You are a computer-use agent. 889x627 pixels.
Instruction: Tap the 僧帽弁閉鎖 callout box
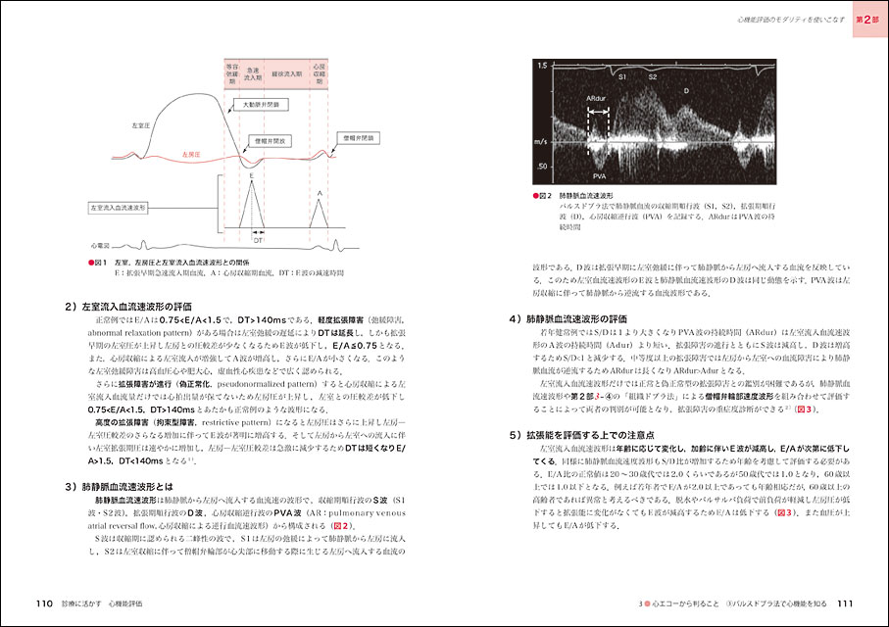tap(352, 137)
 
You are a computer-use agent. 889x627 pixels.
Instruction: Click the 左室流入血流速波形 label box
tap(118, 208)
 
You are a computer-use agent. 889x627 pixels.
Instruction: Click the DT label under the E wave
tap(256, 239)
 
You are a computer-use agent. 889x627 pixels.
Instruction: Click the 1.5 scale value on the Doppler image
tap(542, 65)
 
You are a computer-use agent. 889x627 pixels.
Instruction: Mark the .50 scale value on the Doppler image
tap(542, 169)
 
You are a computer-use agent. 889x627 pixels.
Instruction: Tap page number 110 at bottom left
tap(43, 603)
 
